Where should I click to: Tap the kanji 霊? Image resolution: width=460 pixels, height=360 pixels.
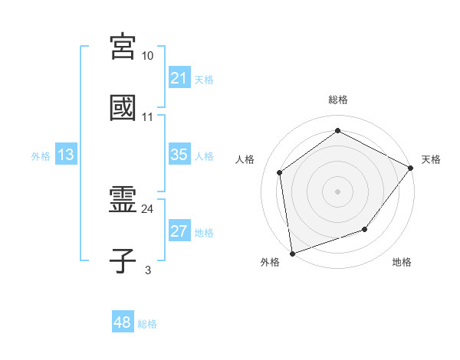123,200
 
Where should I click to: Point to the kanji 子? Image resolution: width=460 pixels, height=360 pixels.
123,261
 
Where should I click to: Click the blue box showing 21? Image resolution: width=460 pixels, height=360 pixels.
179,78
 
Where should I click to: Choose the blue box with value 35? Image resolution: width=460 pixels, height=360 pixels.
179,155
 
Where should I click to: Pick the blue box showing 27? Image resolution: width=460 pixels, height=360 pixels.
179,231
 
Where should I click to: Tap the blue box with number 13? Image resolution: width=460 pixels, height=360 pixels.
66,155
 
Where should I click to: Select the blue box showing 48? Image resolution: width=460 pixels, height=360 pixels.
123,322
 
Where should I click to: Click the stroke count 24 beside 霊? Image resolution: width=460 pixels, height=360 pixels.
148,208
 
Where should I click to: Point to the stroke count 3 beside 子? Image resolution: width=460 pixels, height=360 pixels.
148,270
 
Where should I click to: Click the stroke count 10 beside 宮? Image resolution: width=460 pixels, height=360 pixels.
148,55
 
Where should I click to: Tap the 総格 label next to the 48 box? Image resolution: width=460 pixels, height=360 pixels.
148,324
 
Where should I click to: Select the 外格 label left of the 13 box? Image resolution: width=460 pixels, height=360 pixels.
41,156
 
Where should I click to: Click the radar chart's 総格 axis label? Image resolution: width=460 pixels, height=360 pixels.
338,100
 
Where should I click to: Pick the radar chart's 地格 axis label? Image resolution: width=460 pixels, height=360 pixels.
402,263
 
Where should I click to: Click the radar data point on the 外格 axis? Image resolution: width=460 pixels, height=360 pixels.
292,253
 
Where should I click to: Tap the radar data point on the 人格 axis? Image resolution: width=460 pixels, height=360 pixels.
280,172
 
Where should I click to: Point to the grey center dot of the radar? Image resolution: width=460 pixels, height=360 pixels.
337,191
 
